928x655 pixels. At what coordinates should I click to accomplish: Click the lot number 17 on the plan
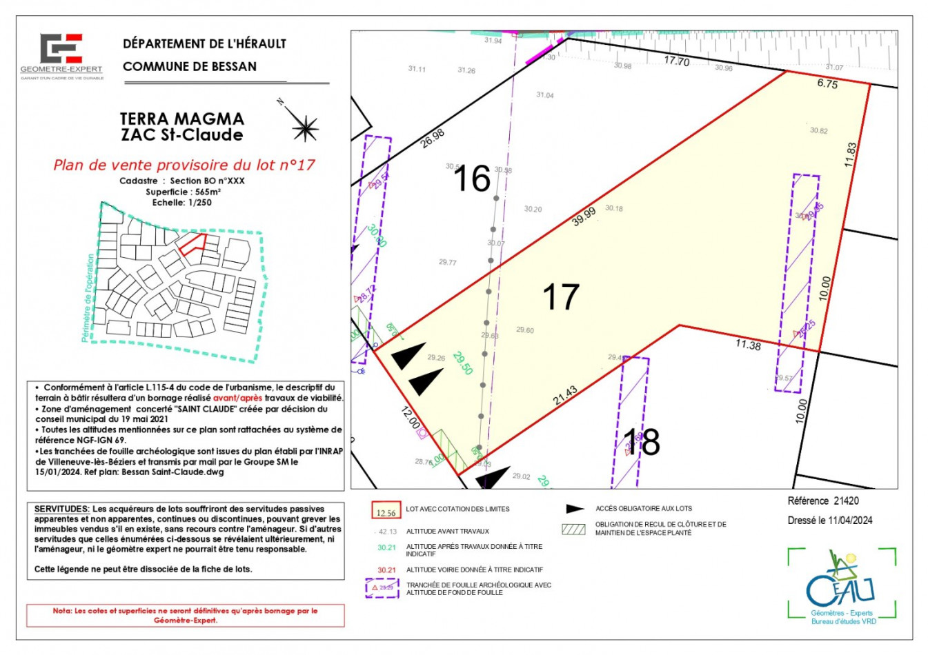tap(560, 297)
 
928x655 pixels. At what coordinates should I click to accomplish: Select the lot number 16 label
tap(472, 179)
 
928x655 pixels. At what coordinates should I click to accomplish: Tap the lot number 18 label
tap(642, 442)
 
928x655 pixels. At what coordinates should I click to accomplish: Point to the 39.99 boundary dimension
tap(584, 216)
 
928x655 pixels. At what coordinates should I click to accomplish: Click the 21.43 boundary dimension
tap(565, 396)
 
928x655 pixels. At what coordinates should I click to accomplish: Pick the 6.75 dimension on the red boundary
tap(827, 83)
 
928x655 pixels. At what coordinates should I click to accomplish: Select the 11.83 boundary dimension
tap(850, 155)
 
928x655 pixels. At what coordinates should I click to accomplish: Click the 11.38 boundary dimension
tap(748, 344)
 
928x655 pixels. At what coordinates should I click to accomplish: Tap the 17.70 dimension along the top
tap(676, 61)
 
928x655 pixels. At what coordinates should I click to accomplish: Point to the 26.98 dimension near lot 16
tap(433, 138)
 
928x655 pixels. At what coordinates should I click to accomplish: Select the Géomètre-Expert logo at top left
tap(61, 55)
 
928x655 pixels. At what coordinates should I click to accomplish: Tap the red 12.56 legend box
tap(386, 511)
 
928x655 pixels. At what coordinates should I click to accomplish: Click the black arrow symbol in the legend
tap(575, 509)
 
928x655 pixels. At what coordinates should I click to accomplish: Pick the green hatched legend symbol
tap(573, 530)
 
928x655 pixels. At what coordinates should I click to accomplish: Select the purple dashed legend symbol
tap(382, 588)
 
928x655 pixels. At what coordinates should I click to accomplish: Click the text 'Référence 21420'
tap(823, 501)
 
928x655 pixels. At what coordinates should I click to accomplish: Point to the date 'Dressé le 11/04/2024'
tap(829, 521)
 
